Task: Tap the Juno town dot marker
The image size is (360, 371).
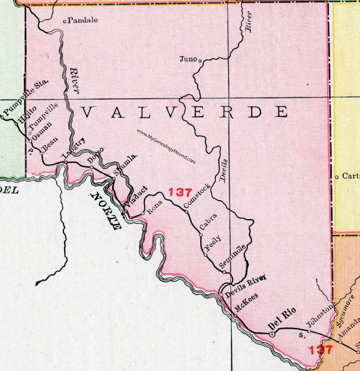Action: (x=200, y=59)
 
